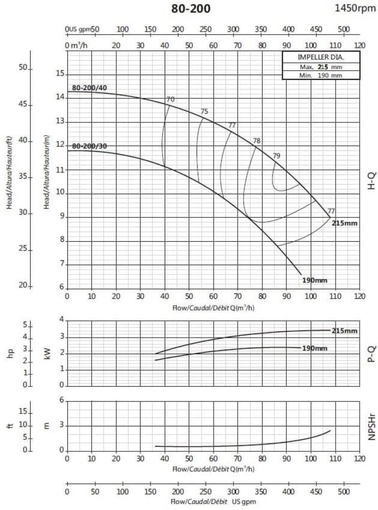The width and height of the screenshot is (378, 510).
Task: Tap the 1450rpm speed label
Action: point(355,8)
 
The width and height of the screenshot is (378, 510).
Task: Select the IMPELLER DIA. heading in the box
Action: point(321,57)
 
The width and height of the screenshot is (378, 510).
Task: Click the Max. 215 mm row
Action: point(321,66)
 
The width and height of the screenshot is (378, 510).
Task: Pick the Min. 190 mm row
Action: point(321,75)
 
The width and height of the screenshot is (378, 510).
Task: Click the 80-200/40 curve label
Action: point(90,88)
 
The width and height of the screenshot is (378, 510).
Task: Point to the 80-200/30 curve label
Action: point(90,146)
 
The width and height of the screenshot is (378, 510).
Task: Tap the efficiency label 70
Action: point(170,99)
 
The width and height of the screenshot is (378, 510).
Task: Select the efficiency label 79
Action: point(276,156)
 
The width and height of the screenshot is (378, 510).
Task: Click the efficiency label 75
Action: point(205,111)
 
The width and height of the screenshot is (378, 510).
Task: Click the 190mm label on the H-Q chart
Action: point(314,280)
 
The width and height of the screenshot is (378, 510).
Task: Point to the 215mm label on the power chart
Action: point(345,331)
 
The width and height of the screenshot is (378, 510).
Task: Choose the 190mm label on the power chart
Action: point(314,348)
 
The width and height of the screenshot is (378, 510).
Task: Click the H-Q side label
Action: point(372,181)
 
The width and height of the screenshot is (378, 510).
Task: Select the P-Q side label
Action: point(372,352)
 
